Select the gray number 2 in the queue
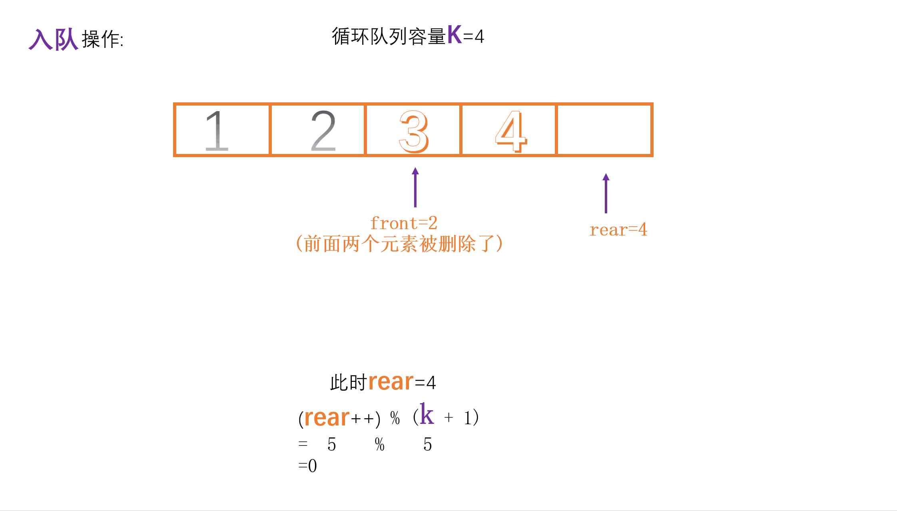coord(323,130)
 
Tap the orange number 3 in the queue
coord(414,131)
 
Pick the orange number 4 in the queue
coord(511,131)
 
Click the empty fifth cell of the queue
coord(604,130)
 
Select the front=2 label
coord(404,223)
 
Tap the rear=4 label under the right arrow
coord(618,230)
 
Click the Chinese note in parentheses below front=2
coord(399,244)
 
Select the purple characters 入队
coord(53,40)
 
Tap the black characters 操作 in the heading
coord(101,40)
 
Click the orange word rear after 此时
coord(391,382)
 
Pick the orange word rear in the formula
coord(327,418)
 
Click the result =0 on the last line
coord(307,466)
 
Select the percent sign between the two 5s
coord(379,445)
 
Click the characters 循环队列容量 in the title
coord(389,36)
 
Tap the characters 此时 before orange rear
coord(348,383)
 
